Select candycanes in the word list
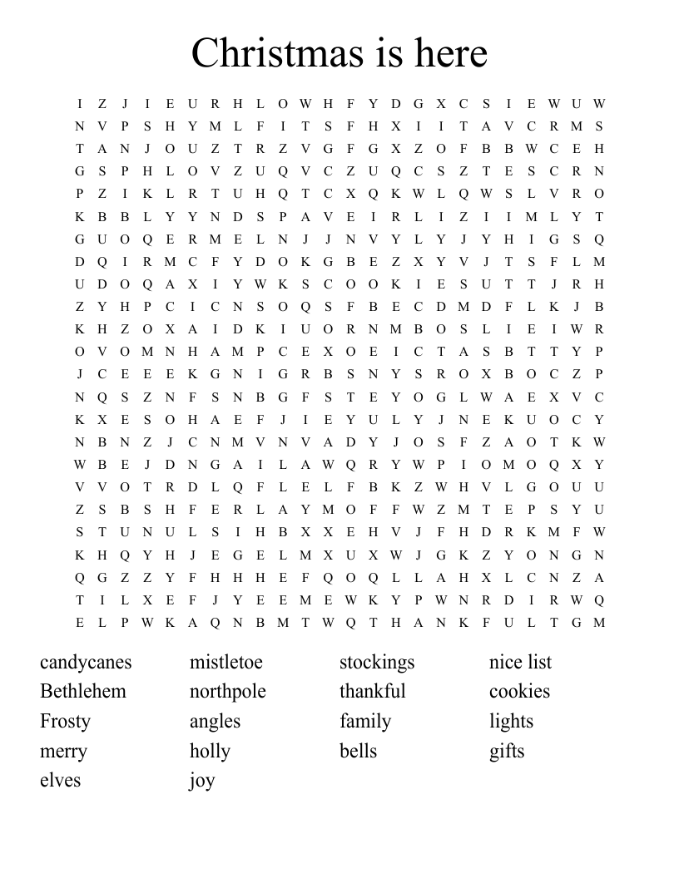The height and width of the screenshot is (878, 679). tap(86, 663)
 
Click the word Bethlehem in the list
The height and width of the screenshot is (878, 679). tap(83, 691)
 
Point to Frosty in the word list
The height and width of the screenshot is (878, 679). tap(65, 721)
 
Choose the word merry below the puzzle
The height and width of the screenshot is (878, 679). tap(63, 752)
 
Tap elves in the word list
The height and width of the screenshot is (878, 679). tap(60, 780)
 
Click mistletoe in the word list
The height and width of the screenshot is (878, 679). tap(226, 662)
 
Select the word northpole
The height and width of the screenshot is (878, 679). tap(227, 692)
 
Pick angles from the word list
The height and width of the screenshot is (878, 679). tap(215, 722)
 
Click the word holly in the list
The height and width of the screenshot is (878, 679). tap(210, 751)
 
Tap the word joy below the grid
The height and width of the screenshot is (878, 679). tap(202, 781)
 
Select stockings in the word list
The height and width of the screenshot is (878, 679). tap(376, 663)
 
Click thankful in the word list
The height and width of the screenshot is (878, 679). tap(372, 691)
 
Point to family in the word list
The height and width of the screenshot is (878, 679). tap(364, 722)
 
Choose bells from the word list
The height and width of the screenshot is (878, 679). tap(358, 751)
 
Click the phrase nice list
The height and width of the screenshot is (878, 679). tap(520, 662)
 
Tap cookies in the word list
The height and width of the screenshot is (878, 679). tap(519, 691)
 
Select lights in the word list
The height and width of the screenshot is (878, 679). tap(511, 722)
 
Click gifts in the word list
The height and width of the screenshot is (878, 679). tap(507, 752)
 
